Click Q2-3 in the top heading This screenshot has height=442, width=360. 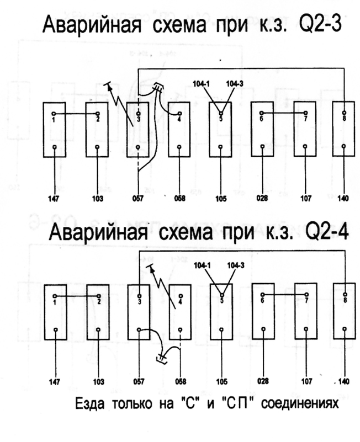[x=320, y=24]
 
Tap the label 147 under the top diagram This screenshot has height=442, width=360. [x=54, y=199]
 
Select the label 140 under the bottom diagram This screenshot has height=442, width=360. [x=343, y=382]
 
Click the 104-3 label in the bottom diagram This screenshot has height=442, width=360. [x=236, y=265]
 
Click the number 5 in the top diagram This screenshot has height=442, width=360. [x=221, y=119]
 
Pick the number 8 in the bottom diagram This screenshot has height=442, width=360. [x=345, y=301]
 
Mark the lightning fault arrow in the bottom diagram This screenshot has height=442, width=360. [x=161, y=285]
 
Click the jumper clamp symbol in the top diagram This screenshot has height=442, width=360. [x=158, y=88]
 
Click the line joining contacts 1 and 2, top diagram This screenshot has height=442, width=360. [x=76, y=114]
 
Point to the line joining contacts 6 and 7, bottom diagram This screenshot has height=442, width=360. [x=285, y=295]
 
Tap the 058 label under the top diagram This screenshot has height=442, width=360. [x=179, y=199]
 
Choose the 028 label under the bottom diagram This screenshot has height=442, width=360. [x=263, y=381]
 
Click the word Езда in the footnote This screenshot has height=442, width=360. [x=89, y=404]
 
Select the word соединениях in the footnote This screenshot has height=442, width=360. [x=299, y=404]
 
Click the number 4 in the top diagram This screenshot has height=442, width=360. [x=179, y=119]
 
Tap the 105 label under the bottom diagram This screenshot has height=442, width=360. [x=222, y=382]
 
